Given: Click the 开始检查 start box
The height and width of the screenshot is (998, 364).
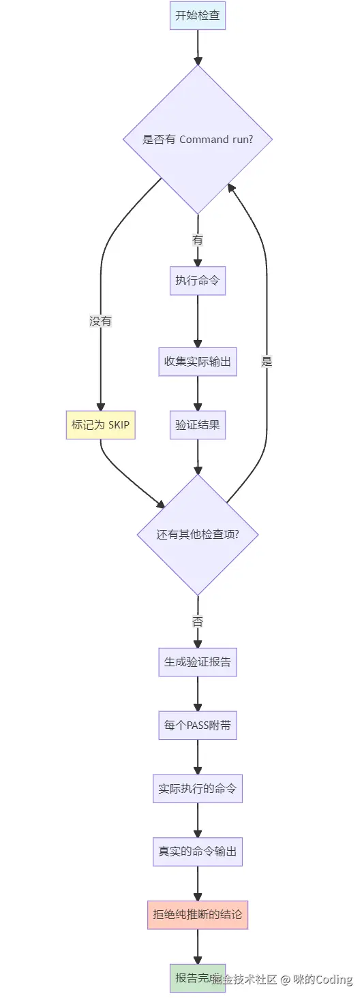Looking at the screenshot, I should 198,16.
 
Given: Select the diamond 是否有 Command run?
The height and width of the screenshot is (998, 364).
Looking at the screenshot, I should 198,140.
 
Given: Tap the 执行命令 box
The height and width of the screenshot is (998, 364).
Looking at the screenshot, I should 198,281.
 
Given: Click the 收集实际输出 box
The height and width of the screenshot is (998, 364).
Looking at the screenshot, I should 198,362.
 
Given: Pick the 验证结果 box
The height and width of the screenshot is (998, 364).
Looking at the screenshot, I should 198,425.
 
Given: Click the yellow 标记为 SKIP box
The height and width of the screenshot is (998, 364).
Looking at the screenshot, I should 100,425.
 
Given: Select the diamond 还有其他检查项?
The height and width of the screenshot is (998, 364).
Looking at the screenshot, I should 198,534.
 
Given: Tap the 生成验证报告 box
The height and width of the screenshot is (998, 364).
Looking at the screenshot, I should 198,661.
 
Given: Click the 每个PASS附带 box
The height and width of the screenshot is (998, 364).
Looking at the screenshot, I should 198,726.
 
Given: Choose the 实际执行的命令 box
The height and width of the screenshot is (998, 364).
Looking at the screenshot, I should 198,789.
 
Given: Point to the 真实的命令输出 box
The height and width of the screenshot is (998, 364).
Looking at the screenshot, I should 198,852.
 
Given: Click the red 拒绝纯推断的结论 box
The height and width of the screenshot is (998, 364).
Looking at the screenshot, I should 198,915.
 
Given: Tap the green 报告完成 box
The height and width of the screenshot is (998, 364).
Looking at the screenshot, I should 191,978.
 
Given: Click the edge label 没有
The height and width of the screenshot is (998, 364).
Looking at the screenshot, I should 100,321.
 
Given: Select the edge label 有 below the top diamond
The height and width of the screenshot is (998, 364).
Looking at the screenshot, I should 198,240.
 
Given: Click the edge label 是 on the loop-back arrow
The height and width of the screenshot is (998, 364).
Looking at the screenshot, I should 267,362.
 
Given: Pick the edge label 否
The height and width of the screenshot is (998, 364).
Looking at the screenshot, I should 198,621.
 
